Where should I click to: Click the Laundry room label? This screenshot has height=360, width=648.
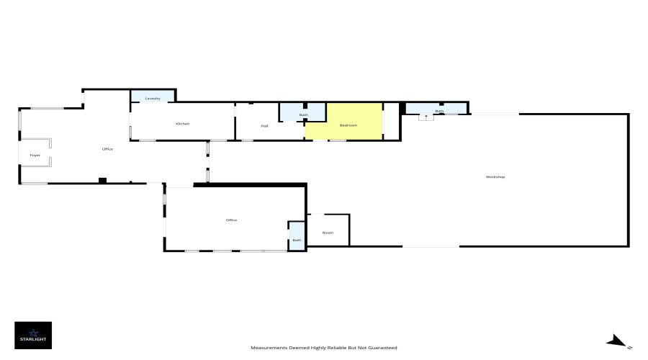153,99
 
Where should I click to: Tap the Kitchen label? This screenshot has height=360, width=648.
183,124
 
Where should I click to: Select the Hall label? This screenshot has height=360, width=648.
264,126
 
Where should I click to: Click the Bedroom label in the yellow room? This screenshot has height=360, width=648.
348,125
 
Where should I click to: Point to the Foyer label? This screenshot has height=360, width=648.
35,155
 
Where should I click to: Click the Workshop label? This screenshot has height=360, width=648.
495,176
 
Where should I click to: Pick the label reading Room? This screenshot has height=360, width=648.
328,233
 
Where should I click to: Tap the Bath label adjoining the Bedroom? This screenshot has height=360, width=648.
304,115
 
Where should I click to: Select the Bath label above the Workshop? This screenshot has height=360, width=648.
440,111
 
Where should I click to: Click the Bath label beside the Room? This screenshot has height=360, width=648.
297,240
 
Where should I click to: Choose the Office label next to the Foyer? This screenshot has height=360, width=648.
107,149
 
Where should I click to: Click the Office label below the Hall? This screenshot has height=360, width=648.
231,220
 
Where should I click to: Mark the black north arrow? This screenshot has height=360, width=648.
616,341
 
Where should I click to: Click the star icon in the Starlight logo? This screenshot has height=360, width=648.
33,333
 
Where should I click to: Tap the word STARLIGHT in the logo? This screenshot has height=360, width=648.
33,339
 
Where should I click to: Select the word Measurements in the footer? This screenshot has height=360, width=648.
269,348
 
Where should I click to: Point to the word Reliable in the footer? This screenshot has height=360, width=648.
337,348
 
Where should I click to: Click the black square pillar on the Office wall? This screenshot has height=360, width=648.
102,181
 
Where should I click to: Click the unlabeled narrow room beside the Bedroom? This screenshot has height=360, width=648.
392,121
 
